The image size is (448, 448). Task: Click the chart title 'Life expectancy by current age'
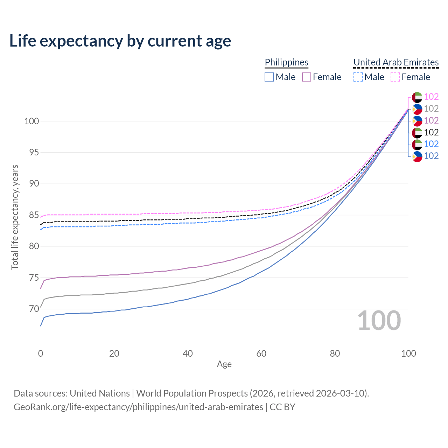click(120, 41)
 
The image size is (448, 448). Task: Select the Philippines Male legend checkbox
click(269, 77)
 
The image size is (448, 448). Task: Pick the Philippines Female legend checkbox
click(307, 77)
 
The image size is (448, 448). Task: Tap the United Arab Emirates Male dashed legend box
click(358, 77)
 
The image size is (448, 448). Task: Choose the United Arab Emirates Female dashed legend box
click(395, 77)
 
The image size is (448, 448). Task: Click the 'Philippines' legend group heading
click(286, 62)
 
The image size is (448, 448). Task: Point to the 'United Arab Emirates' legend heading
click(396, 62)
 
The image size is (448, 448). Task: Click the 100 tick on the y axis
click(31, 121)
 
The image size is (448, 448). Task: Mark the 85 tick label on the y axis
click(34, 215)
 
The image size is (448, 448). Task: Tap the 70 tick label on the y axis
click(34, 309)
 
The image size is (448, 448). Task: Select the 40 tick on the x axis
click(188, 353)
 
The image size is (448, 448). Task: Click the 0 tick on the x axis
click(41, 353)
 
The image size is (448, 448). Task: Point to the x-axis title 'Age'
click(224, 364)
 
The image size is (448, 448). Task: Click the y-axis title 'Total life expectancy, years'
click(15, 217)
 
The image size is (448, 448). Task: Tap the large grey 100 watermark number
click(379, 321)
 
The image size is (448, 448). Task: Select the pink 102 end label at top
click(431, 97)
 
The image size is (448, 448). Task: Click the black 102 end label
click(431, 132)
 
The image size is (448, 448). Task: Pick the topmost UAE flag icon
click(417, 97)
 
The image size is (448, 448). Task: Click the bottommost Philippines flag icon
click(417, 156)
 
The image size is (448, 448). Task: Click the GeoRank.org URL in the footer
click(138, 407)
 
